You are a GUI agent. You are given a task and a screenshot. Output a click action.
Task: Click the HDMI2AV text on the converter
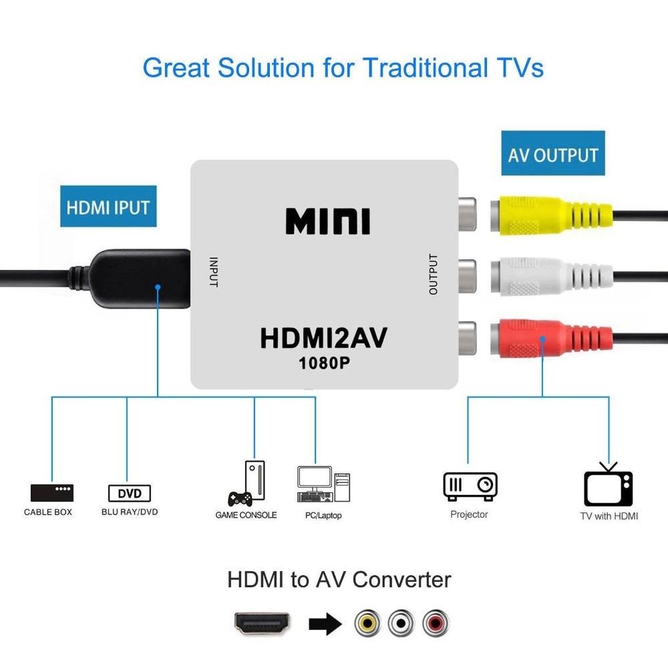(323, 338)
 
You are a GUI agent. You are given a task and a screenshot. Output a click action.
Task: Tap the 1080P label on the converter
(324, 363)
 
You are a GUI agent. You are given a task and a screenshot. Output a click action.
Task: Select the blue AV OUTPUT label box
(552, 154)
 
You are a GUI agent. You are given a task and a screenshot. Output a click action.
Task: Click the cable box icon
(51, 493)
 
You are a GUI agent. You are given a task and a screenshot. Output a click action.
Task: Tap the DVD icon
(130, 494)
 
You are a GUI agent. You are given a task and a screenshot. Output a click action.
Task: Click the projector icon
(470, 486)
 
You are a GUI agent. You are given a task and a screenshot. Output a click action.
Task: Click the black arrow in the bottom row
(325, 624)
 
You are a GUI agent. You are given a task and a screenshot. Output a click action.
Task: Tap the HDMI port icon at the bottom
(263, 623)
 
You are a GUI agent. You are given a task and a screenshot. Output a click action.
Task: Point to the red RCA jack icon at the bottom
(436, 624)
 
